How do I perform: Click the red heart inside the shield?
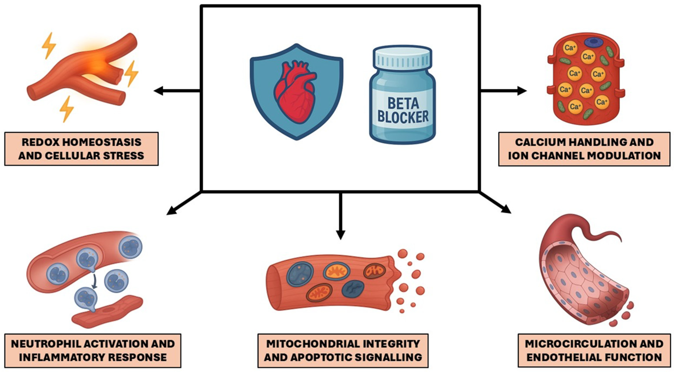[295, 92]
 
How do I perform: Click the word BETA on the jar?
[403, 104]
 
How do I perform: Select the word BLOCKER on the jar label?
[403, 117]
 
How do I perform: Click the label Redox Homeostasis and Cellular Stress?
[81, 149]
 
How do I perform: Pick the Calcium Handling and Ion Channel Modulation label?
[584, 149]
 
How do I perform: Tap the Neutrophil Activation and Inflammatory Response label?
[93, 351]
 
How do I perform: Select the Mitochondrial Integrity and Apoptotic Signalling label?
[343, 351]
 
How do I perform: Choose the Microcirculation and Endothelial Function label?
[594, 351]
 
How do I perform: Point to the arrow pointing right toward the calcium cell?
[504, 91]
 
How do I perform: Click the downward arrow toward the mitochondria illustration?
[340, 216]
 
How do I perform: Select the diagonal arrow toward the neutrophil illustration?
[184, 203]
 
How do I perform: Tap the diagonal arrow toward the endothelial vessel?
[495, 203]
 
